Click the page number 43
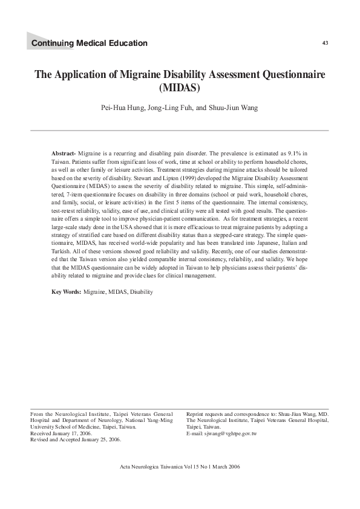(x=326, y=42)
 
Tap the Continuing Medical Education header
(x=89, y=43)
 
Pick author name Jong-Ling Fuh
(x=174, y=108)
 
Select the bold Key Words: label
(x=67, y=291)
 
